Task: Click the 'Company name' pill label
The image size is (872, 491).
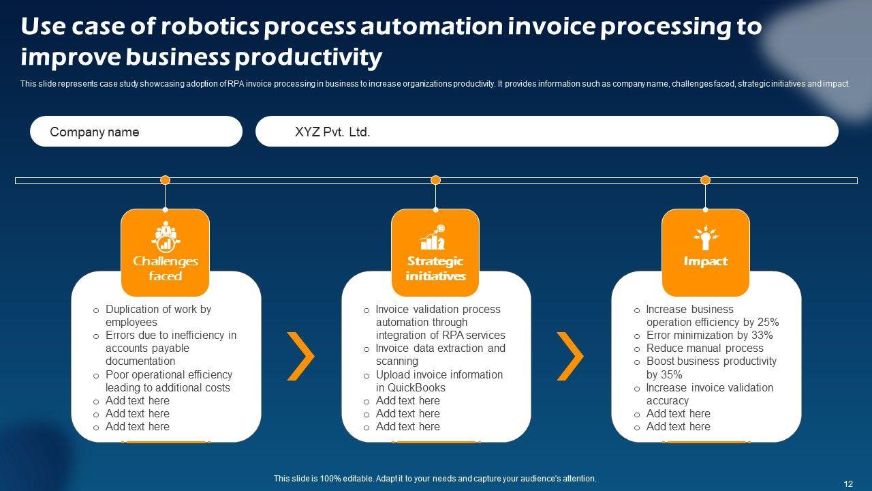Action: tap(95, 132)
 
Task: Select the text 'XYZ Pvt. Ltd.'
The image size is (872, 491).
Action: tap(332, 132)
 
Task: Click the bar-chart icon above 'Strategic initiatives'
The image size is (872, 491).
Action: tap(433, 237)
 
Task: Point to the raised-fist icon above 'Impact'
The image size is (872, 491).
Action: tap(705, 237)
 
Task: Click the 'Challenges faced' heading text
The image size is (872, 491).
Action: tap(165, 268)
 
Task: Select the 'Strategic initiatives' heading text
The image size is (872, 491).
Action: tap(435, 268)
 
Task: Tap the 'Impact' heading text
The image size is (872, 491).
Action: tap(705, 261)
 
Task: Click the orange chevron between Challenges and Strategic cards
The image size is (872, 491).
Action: tap(300, 356)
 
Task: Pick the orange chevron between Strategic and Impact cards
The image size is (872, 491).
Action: tap(570, 356)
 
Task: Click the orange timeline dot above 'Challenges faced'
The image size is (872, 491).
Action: tap(165, 180)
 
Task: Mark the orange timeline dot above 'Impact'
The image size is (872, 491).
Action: tap(705, 180)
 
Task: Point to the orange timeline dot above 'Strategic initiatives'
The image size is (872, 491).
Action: tap(436, 180)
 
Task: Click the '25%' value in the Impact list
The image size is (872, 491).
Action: tap(768, 323)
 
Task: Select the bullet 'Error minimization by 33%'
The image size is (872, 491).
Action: tap(709, 336)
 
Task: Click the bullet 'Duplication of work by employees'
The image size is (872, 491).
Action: tap(158, 316)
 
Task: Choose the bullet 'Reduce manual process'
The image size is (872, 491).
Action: tap(704, 348)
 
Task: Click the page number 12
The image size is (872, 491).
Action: tap(848, 483)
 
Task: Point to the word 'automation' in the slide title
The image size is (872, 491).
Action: tap(430, 27)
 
